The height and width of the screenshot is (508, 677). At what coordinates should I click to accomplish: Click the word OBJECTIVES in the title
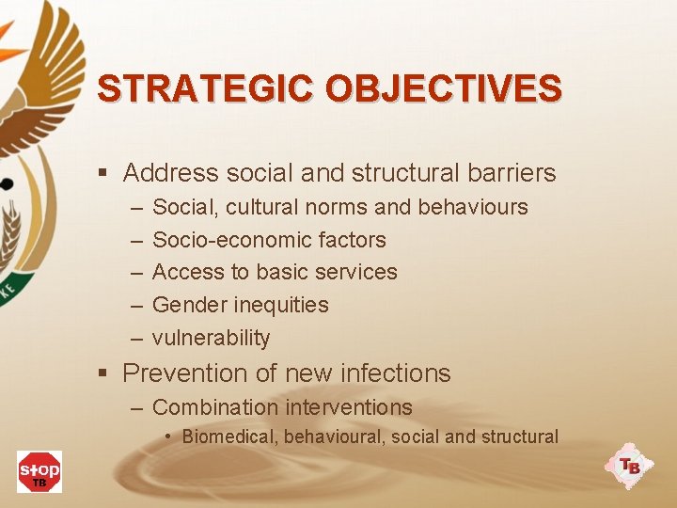(x=444, y=88)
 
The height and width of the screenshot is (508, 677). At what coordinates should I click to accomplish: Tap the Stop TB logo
(x=39, y=470)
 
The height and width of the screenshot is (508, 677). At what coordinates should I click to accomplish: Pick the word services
(x=357, y=272)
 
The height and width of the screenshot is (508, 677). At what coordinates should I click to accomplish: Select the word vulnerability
(x=211, y=338)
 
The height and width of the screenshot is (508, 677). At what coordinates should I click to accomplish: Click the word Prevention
(x=185, y=373)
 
